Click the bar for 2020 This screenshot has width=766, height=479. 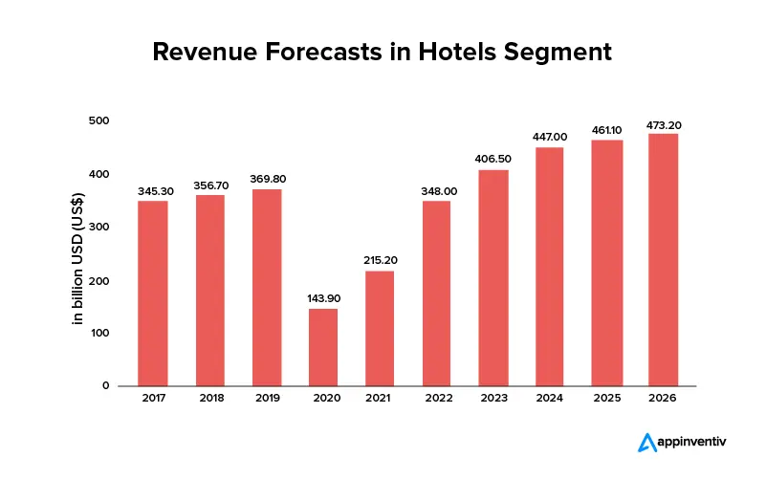323,347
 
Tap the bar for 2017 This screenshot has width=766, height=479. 153,293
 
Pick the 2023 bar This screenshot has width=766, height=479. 493,277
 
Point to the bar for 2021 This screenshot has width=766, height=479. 380,328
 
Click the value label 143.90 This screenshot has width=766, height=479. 323,298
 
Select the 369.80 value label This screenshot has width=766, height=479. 267,179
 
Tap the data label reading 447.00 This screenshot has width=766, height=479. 551,137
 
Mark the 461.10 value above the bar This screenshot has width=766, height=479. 607,130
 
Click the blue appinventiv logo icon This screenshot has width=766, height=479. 647,442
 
